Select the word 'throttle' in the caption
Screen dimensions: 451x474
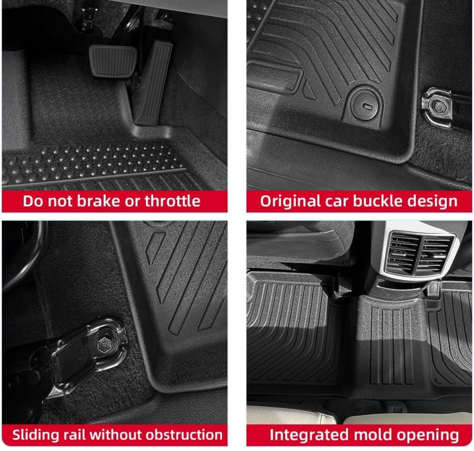coord(172,201)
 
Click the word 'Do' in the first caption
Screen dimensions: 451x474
coord(32,201)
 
